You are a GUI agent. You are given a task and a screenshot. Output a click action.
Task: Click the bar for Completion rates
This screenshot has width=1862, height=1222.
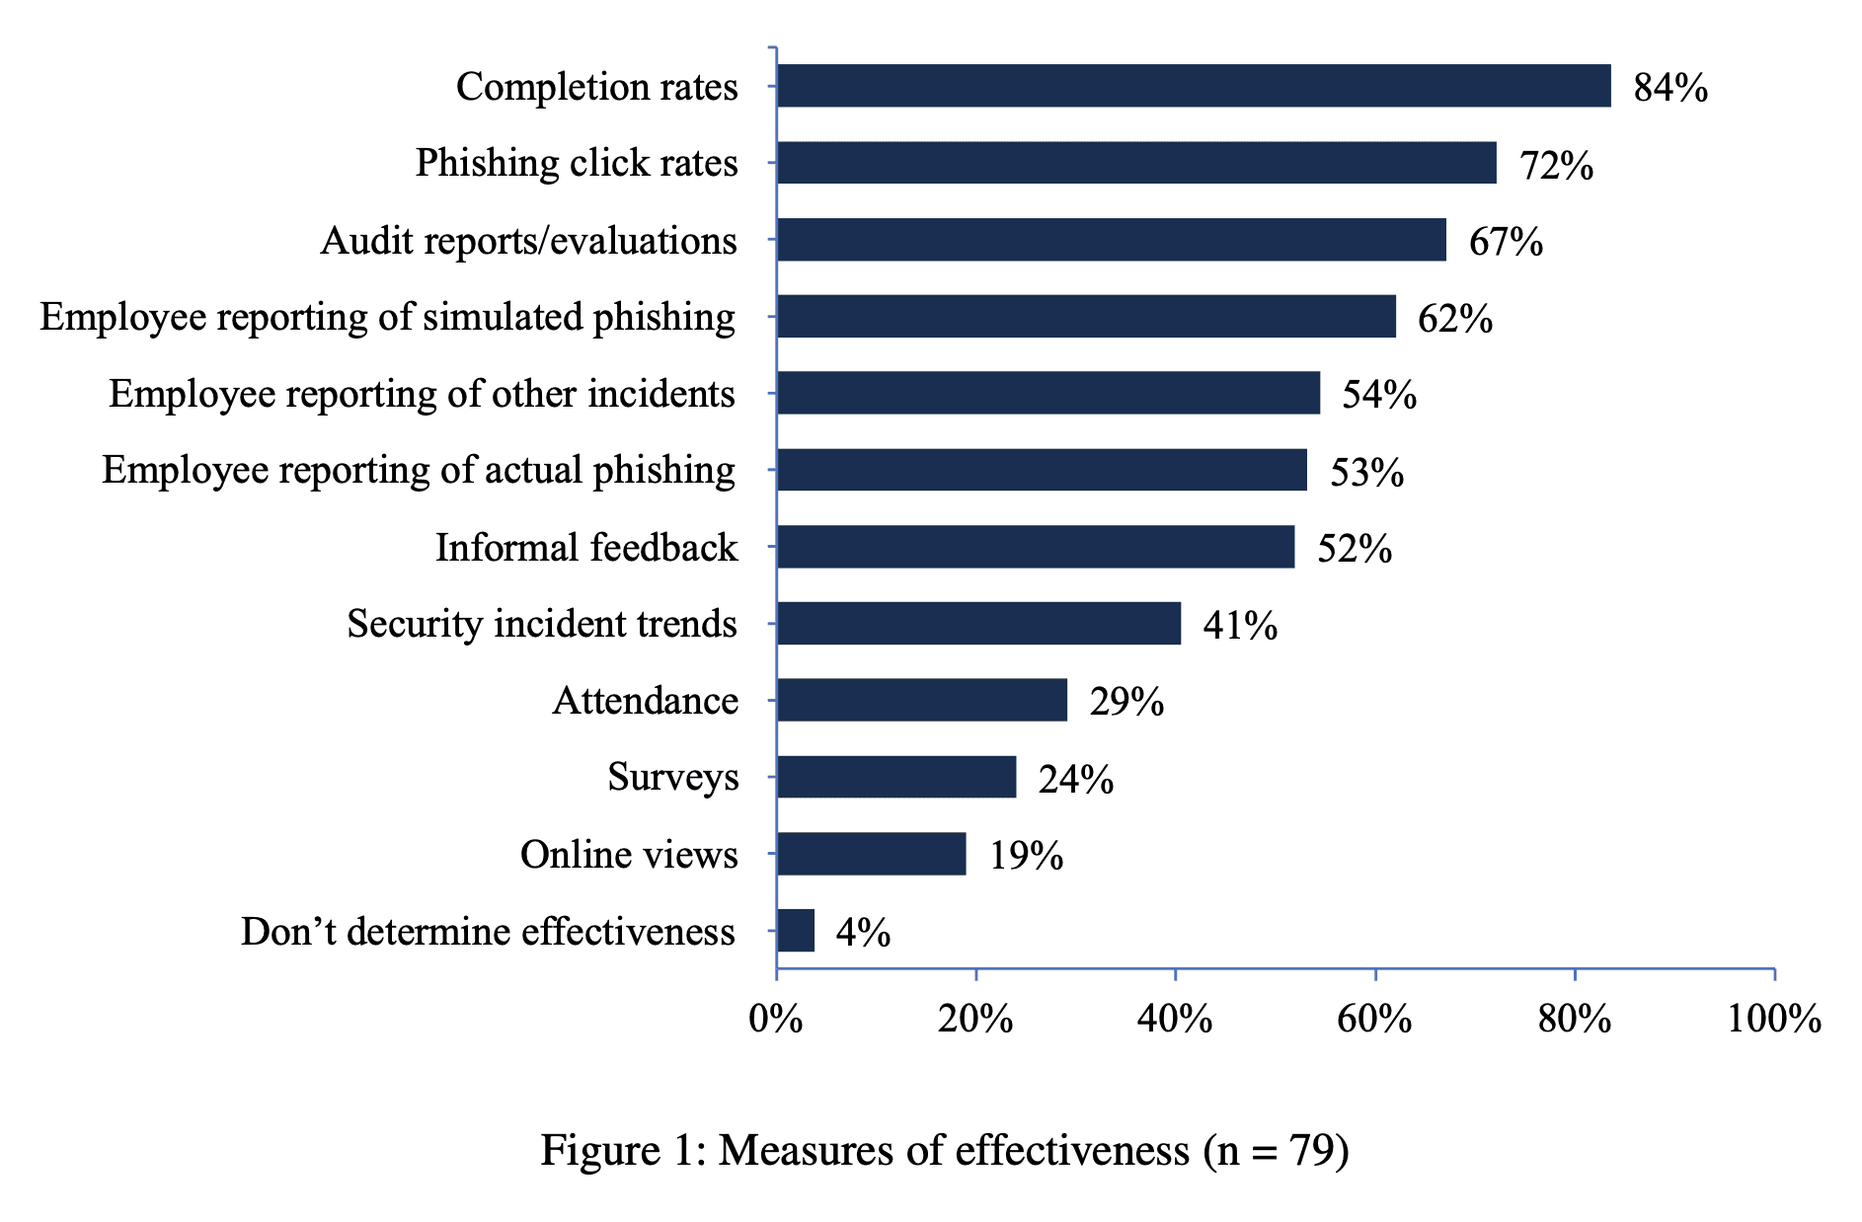1193,86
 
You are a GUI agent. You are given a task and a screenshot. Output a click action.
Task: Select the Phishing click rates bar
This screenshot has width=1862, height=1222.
1135,163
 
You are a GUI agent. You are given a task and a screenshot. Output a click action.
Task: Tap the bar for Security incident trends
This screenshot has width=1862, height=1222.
977,623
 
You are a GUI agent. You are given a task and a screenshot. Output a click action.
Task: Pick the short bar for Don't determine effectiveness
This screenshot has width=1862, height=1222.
796,930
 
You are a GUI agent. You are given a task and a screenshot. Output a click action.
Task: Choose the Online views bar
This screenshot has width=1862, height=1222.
871,854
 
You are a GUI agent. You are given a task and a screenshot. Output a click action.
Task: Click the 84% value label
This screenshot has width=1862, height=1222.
1670,88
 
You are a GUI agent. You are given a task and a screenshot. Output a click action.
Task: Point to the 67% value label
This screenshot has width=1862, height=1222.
1506,242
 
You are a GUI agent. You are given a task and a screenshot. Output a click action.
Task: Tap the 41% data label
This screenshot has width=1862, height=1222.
1240,626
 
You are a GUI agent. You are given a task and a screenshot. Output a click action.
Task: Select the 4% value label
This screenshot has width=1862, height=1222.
863,933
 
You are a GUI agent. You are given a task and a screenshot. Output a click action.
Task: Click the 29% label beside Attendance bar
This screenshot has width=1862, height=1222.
1126,702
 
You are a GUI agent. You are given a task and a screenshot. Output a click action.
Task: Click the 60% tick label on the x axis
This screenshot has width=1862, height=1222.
1374,1018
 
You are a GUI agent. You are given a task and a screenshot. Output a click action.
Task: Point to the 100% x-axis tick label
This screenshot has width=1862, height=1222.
1773,1018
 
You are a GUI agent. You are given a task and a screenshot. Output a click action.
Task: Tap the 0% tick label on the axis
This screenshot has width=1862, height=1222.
776,1018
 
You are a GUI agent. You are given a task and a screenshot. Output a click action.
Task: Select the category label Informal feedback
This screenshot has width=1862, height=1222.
586,547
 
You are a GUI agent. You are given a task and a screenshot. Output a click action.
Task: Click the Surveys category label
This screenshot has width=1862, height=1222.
672,778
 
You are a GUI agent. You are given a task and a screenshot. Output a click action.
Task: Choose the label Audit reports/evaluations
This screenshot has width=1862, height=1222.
528,241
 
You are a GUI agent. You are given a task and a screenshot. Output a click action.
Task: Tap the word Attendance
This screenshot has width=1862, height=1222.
645,701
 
